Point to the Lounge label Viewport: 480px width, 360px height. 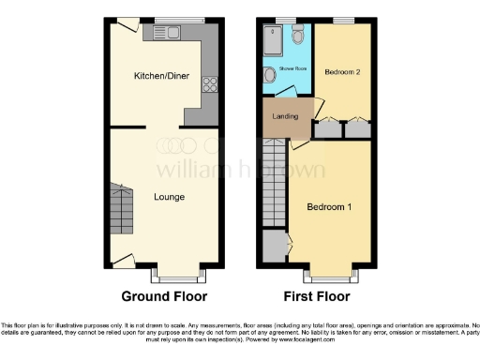(170, 197)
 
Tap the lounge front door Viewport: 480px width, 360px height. (122, 260)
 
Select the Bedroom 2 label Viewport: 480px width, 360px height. (342, 71)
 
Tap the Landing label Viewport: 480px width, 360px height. (285, 116)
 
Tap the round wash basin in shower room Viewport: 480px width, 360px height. (270, 76)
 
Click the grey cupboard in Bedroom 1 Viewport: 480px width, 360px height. (275, 246)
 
